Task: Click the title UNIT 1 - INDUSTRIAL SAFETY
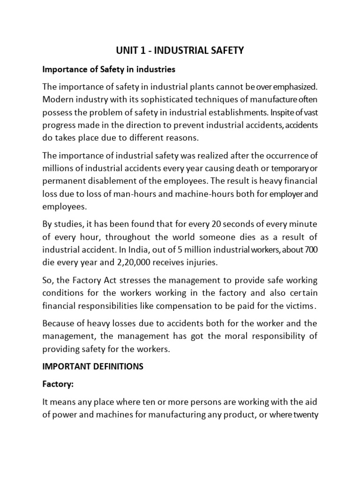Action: click(x=180, y=50)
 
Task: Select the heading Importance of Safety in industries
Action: click(x=109, y=69)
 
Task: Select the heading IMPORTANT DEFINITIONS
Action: click(x=93, y=367)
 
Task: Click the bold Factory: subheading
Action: click(x=58, y=384)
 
